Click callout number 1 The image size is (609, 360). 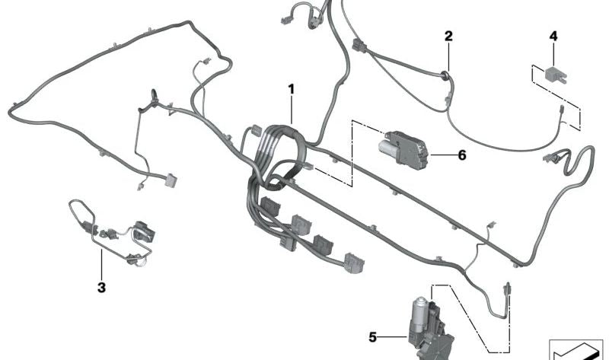pyautogui.click(x=292, y=90)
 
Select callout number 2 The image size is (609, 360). pyautogui.click(x=448, y=36)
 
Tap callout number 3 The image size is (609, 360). pyautogui.click(x=101, y=288)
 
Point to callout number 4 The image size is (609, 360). pyautogui.click(x=553, y=36)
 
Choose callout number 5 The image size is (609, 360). pyautogui.click(x=372, y=337)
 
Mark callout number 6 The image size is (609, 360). pyautogui.click(x=462, y=155)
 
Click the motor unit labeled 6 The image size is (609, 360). pyautogui.click(x=404, y=149)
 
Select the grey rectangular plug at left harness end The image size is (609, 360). pyautogui.click(x=171, y=180)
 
